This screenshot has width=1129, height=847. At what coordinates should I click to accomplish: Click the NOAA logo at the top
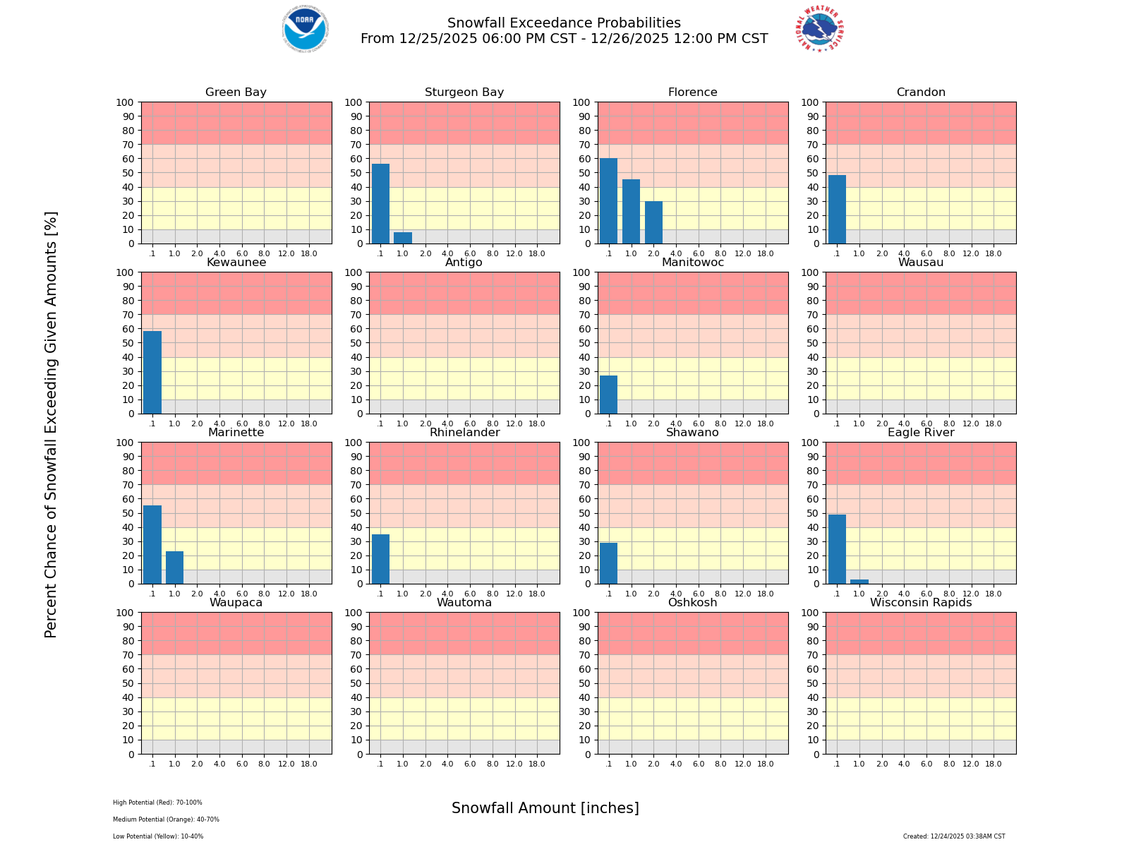click(305, 29)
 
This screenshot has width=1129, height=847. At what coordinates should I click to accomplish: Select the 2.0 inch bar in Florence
click(653, 222)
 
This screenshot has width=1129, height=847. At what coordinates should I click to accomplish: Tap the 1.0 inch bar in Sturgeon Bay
click(403, 238)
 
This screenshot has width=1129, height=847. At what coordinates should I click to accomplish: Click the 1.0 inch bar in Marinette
click(174, 567)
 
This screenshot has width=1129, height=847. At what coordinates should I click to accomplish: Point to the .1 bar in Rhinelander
click(380, 559)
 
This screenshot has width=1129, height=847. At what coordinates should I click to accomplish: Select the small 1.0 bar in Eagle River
click(859, 582)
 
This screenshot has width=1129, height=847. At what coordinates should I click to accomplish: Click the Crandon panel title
click(921, 92)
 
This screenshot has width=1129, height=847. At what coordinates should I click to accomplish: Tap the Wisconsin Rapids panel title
click(921, 603)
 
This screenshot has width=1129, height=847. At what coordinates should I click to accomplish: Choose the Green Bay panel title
click(236, 92)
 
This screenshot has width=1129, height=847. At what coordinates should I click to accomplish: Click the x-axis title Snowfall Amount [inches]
click(545, 808)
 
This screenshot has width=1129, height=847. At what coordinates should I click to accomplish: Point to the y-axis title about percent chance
click(51, 424)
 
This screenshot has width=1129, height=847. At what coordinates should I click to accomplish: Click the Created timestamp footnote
click(954, 836)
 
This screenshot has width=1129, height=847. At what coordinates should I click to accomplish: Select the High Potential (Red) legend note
click(157, 803)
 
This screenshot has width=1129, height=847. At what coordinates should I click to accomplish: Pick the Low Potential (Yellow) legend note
click(158, 836)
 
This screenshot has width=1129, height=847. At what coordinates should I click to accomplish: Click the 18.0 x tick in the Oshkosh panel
click(766, 764)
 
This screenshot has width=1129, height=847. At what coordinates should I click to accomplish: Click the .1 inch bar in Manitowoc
click(608, 395)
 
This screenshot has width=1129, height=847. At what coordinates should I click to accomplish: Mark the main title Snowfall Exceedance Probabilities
click(564, 23)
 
